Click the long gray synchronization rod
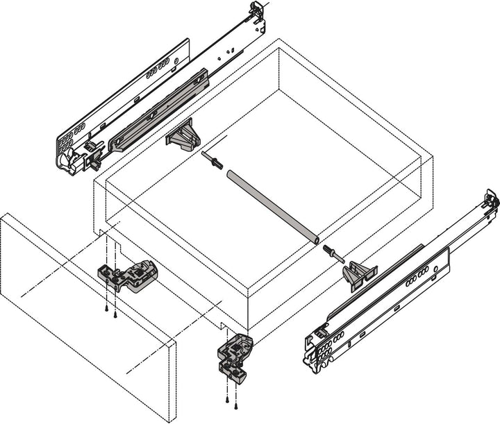tap(271, 205)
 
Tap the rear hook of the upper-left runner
tap(256, 17)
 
